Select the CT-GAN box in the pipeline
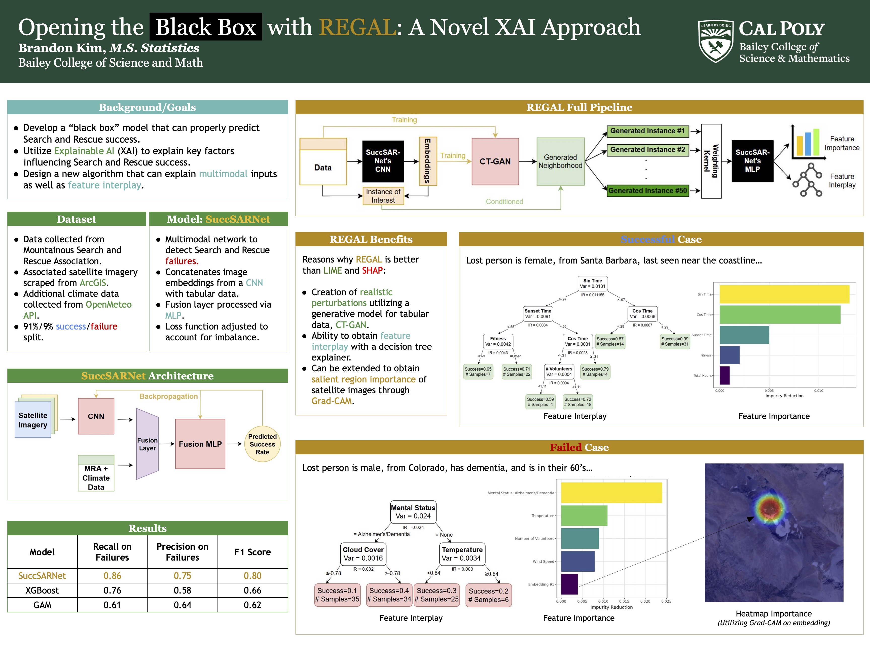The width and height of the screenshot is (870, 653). pos(495,161)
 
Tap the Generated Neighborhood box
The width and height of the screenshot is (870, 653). pos(560,161)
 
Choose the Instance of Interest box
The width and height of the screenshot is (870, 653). pos(383,196)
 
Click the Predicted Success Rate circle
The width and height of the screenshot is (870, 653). pos(262,444)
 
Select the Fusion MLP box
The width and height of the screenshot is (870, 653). pos(200,444)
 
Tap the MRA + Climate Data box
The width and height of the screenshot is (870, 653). pos(96,474)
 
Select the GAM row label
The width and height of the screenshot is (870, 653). pos(42,605)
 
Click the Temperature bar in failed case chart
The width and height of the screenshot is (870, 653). pos(584,516)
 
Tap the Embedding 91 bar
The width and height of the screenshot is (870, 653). pos(569,584)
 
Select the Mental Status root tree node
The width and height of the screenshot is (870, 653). pos(413,512)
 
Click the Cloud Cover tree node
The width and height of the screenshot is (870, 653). pos(363,554)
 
